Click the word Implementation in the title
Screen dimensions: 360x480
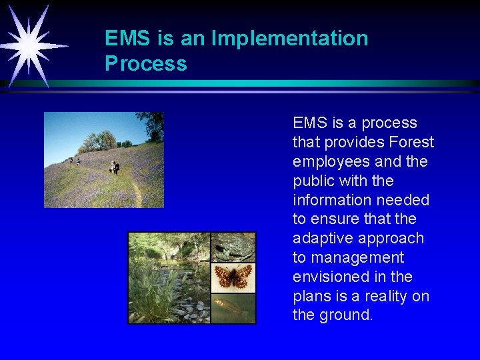click(x=289, y=39)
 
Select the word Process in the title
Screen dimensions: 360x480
click(x=145, y=64)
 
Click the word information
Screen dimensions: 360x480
click(x=331, y=200)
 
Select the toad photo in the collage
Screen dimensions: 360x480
click(x=233, y=247)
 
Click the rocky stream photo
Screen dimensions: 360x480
click(x=169, y=278)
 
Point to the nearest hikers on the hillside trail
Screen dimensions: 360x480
click(x=115, y=167)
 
